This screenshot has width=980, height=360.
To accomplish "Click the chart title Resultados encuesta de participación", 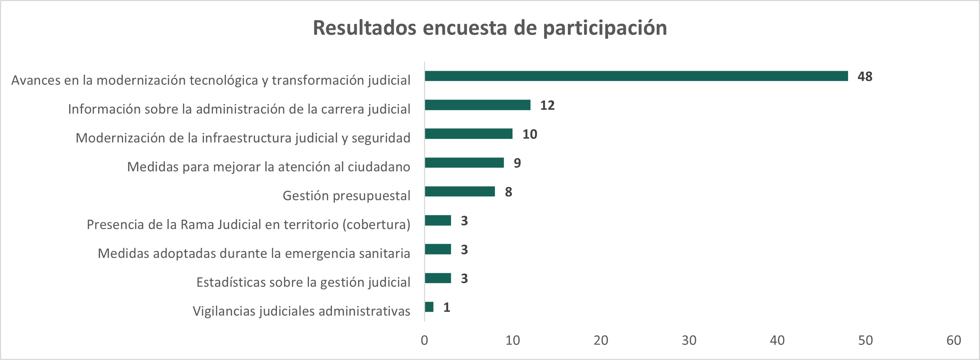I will click(489, 28).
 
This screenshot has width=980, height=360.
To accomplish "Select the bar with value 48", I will click(636, 76).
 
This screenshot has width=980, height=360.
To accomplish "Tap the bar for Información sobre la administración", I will click(478, 105).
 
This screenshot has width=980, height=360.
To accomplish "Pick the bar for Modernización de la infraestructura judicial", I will click(468, 134).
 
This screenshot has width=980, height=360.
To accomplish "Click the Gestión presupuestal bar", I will click(460, 191).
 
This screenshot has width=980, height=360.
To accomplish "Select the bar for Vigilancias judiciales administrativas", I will click(429, 307).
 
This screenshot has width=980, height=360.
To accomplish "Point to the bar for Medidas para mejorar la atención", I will click(464, 163).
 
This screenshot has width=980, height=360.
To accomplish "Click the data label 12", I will click(547, 105).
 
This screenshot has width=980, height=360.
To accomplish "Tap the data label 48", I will click(865, 77).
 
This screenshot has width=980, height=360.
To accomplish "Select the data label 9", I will click(517, 163).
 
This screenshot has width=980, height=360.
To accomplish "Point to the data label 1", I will click(447, 307).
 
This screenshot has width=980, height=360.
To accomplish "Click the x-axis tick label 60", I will click(953, 340).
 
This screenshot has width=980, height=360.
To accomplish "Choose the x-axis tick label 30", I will click(689, 340).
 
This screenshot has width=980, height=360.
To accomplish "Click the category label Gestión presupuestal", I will click(346, 196).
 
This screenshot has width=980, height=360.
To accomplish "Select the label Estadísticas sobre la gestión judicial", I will click(303, 282).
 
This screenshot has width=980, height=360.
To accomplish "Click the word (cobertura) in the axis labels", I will click(376, 224).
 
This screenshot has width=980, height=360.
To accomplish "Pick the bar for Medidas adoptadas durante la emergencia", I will click(438, 249).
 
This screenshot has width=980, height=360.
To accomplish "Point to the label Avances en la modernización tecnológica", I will click(211, 80).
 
